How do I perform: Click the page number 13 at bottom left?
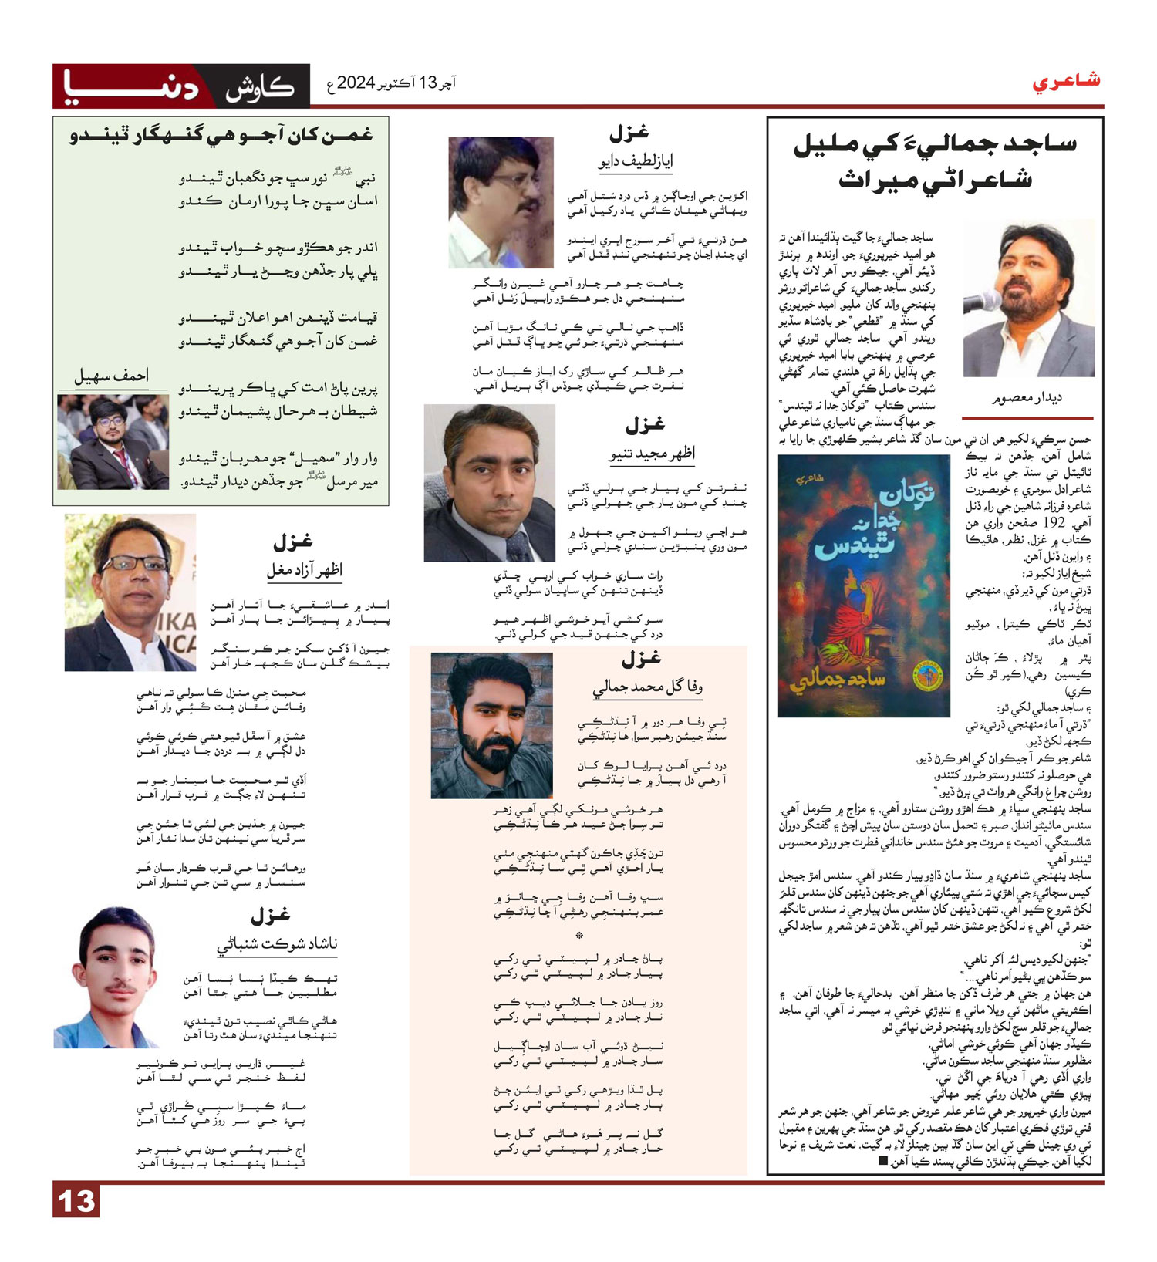click(76, 1201)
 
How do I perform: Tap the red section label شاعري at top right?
click(1066, 81)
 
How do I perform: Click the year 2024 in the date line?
click(356, 83)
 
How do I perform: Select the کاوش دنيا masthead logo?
click(181, 86)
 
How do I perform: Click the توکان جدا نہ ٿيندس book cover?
click(863, 585)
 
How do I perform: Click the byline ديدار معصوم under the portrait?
click(1027, 398)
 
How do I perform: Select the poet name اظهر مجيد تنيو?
click(652, 454)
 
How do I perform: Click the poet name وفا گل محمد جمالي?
click(647, 688)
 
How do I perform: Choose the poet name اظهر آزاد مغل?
click(304, 571)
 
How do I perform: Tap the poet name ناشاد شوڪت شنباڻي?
click(277, 944)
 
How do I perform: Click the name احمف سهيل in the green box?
click(111, 376)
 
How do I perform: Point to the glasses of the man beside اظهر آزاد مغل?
click(134, 563)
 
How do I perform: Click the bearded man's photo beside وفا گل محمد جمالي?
click(491, 725)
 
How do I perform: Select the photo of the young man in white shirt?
click(107, 977)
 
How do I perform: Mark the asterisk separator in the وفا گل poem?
click(578, 935)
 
